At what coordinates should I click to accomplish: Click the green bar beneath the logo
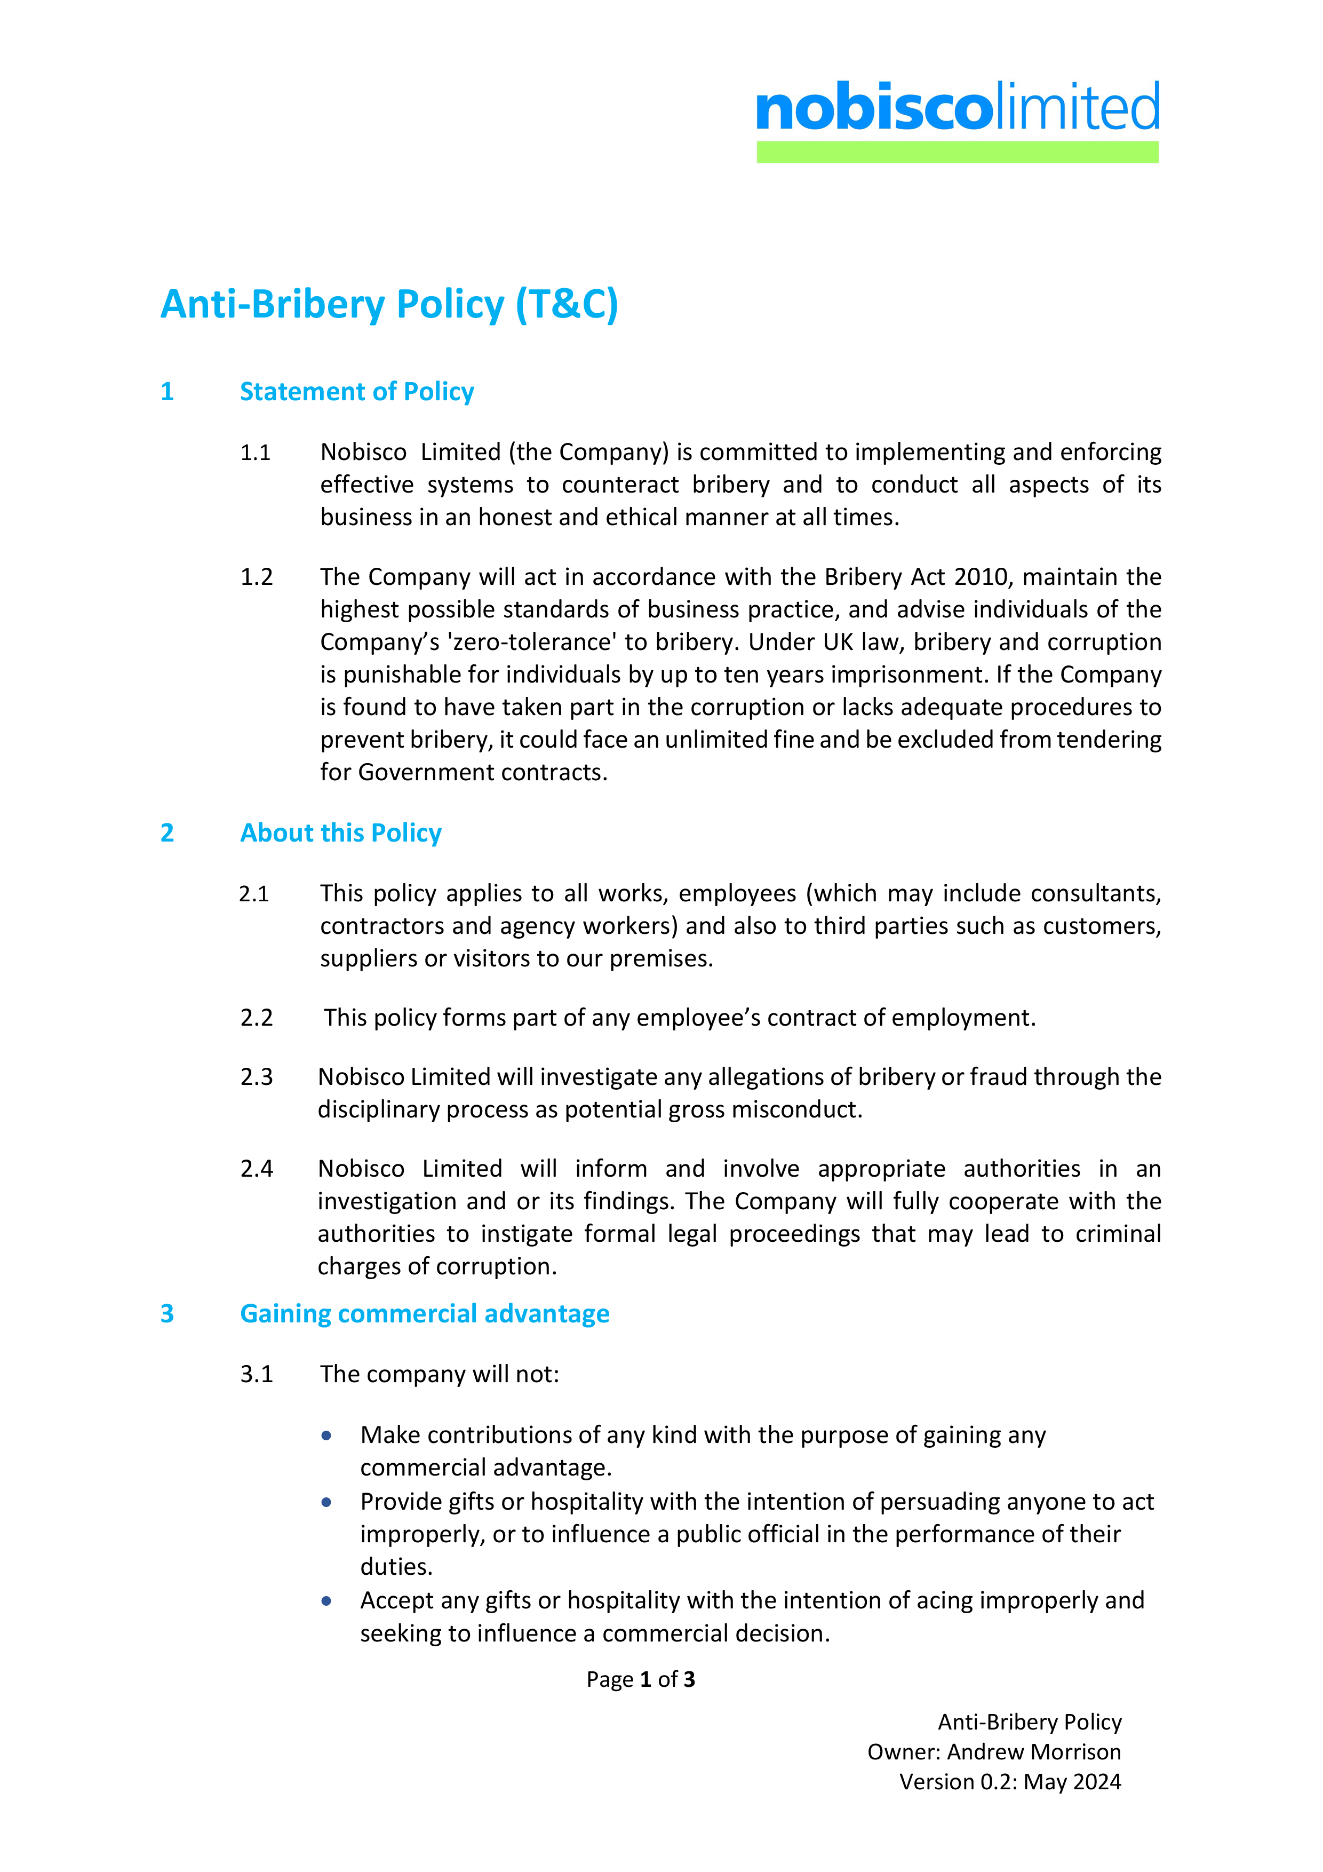coord(957,153)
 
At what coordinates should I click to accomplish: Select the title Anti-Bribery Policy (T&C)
coord(389,304)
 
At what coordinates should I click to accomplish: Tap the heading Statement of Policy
coord(356,392)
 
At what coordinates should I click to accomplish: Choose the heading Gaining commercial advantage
coord(424,1313)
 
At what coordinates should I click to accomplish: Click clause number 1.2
coord(256,577)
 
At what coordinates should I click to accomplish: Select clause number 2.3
coord(256,1077)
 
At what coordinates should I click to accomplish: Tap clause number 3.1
coord(256,1375)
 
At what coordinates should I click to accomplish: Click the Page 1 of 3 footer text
coord(640,1679)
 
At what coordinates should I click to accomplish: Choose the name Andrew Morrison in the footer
coord(1034,1752)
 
